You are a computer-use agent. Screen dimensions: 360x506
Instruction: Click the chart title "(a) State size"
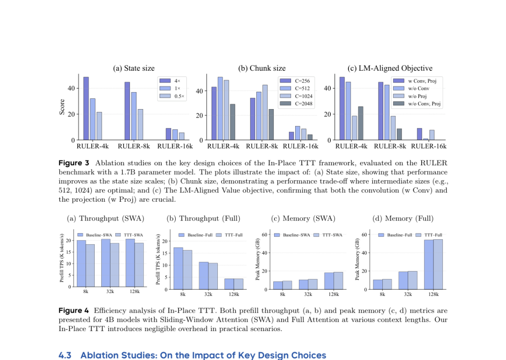134,68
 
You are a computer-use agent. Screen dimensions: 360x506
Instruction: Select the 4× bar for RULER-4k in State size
86,108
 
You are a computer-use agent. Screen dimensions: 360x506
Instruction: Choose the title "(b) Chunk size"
261,68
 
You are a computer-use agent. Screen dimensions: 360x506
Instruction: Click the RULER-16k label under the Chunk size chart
300,146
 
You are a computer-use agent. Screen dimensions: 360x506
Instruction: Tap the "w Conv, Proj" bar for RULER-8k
380,111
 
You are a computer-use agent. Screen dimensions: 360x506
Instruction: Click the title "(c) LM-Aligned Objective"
389,68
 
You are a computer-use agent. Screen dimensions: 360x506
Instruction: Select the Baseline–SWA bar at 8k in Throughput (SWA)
82,264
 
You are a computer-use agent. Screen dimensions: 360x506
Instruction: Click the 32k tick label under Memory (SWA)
308,294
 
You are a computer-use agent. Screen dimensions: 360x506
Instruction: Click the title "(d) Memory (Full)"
402,219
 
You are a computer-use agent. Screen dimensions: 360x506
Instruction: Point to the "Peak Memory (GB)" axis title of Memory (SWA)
258,259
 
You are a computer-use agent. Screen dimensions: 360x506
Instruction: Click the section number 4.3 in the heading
65,355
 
